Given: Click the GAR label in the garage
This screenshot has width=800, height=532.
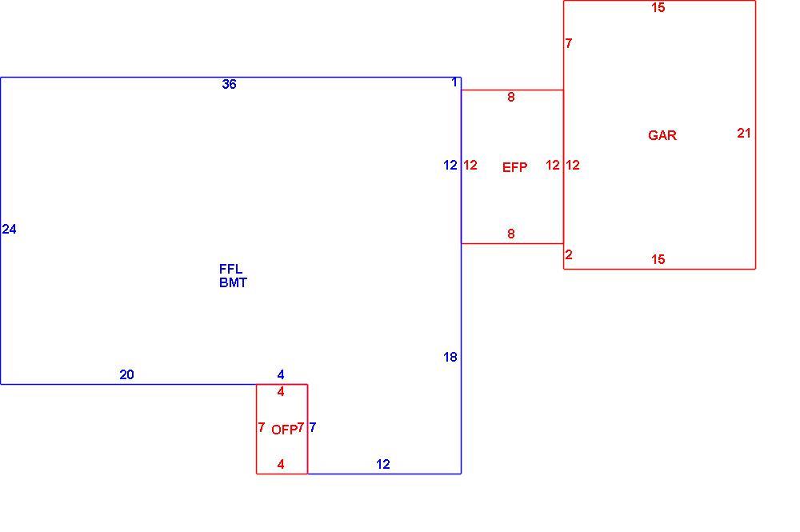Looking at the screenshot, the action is [662, 135].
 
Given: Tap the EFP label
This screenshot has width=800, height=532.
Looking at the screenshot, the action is [514, 167].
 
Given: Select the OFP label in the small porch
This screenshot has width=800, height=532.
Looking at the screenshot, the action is [284, 430].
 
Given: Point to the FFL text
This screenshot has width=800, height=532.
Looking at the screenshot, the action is [230, 269].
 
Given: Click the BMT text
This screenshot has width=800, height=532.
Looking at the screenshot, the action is [233, 282].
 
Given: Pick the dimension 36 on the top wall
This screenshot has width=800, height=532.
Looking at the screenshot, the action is [229, 84].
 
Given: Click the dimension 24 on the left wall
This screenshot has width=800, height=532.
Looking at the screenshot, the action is [9, 230].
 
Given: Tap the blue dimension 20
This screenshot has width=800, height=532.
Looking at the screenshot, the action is [126, 375].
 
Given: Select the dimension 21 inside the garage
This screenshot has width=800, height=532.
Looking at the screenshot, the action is [744, 133].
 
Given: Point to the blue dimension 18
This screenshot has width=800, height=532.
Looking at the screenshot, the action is [450, 357].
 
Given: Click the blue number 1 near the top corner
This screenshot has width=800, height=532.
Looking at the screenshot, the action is [454, 82].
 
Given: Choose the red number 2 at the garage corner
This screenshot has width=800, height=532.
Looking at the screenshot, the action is [569, 254].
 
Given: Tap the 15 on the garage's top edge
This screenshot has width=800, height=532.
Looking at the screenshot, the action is [658, 7].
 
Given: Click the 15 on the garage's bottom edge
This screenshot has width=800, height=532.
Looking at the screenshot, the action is [658, 259].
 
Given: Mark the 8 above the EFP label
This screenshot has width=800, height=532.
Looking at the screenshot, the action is [510, 97].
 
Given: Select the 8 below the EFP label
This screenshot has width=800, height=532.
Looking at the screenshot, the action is [510, 234].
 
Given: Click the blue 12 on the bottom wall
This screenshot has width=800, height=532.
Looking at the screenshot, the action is [383, 464].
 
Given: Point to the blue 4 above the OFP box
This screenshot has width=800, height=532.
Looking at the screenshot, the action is [281, 375].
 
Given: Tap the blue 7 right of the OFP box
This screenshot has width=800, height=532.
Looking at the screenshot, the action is [313, 427].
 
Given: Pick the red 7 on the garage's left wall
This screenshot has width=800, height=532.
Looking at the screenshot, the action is [569, 43].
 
